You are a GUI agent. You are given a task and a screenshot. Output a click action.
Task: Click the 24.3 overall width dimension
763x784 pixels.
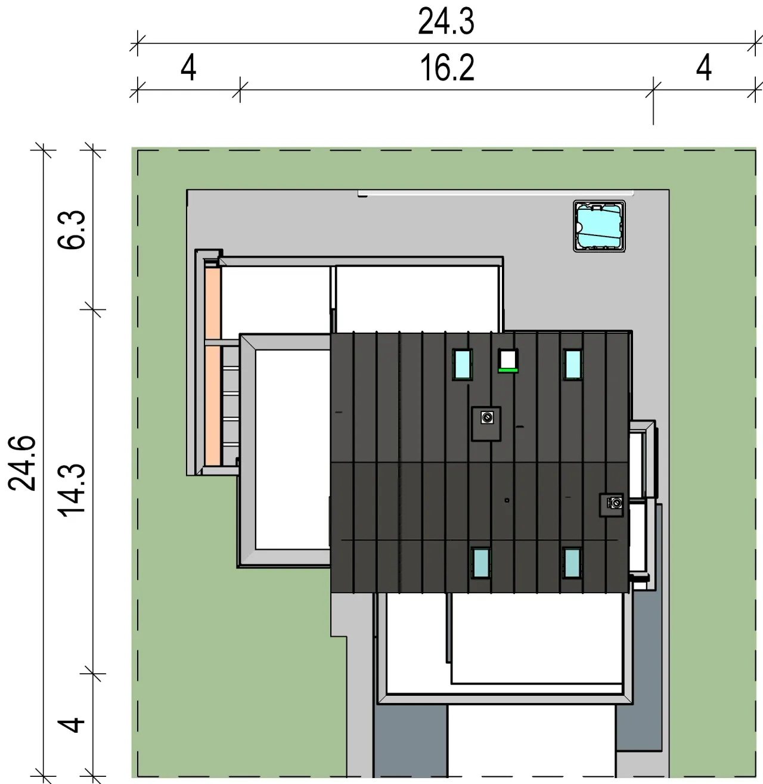(x=446, y=22)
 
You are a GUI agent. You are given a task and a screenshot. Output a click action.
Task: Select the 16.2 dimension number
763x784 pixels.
(x=447, y=68)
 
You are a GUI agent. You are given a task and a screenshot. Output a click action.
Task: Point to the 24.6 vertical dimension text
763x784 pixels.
(x=22, y=463)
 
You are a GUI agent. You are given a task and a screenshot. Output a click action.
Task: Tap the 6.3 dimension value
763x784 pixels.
(x=72, y=230)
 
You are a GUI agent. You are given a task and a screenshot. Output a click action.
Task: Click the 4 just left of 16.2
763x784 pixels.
(x=188, y=68)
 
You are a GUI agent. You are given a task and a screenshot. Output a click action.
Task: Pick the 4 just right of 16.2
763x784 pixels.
(x=704, y=68)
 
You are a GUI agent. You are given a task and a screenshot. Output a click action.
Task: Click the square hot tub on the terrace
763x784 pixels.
(x=599, y=227)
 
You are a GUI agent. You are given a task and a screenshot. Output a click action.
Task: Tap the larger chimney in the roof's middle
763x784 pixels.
(x=486, y=424)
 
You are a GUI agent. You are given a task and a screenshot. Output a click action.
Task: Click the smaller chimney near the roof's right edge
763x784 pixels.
(x=612, y=505)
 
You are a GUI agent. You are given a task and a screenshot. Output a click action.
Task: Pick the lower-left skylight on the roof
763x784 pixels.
(x=481, y=563)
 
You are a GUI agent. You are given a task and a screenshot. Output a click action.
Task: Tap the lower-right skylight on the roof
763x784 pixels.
(x=572, y=563)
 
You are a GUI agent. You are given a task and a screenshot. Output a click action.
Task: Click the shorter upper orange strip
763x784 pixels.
(x=212, y=303)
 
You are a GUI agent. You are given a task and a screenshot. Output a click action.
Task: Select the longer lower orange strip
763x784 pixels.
(x=213, y=405)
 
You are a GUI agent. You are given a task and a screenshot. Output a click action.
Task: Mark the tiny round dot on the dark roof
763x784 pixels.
(x=507, y=500)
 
